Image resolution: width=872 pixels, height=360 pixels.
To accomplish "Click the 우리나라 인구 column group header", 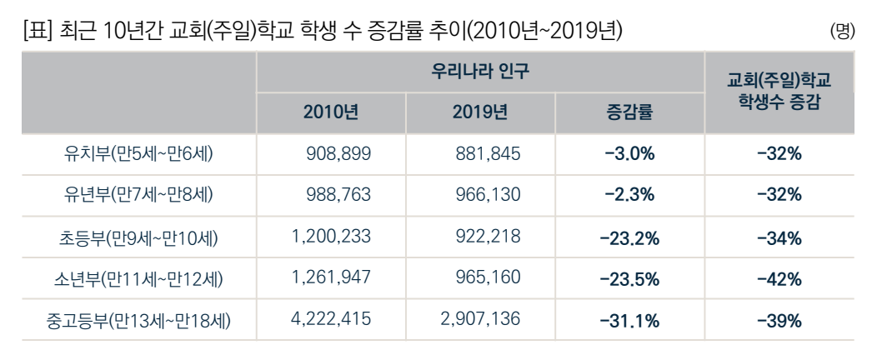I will [x=479, y=72].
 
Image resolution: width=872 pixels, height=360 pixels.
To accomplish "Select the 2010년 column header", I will [x=331, y=112].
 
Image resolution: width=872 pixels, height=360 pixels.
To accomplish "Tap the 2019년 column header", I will [x=479, y=112].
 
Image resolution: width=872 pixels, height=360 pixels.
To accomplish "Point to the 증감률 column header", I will [x=629, y=112].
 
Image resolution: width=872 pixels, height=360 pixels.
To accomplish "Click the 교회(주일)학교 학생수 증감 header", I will [x=779, y=92].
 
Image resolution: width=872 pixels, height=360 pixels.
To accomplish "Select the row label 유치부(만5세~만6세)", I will [x=138, y=154].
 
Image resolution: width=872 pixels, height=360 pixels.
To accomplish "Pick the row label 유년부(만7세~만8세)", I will [x=138, y=195].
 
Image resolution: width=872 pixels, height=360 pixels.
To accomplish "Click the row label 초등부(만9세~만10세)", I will [x=138, y=237].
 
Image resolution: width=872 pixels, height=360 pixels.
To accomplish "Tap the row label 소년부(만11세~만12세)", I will [x=138, y=278].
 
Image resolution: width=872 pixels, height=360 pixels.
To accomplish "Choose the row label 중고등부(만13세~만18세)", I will [x=138, y=320].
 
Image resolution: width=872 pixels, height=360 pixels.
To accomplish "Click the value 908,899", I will [x=338, y=154].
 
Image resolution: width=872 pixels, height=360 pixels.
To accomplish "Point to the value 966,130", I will [x=489, y=195].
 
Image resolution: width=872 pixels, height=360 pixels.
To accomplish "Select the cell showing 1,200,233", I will [x=331, y=237].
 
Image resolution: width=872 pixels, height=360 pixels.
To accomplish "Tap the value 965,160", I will [x=489, y=278].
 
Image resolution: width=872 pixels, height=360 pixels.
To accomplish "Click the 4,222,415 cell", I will [x=331, y=320].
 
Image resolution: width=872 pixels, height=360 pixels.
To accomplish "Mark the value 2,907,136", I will [x=480, y=320].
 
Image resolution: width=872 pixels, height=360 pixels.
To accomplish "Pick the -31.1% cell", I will [x=629, y=321].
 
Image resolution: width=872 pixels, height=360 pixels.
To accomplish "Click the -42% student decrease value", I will [x=779, y=279].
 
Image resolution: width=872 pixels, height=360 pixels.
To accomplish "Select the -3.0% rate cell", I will [x=629, y=154].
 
